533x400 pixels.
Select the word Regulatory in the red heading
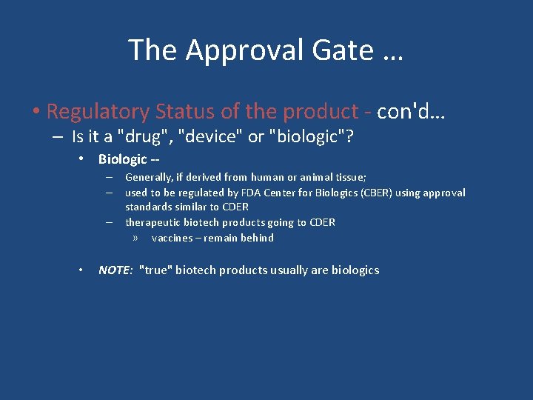[x=98, y=112]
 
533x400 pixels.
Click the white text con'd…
[x=413, y=112]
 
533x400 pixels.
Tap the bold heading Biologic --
[x=129, y=159]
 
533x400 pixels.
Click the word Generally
[x=149, y=177]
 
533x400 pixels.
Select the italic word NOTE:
[x=115, y=270]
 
